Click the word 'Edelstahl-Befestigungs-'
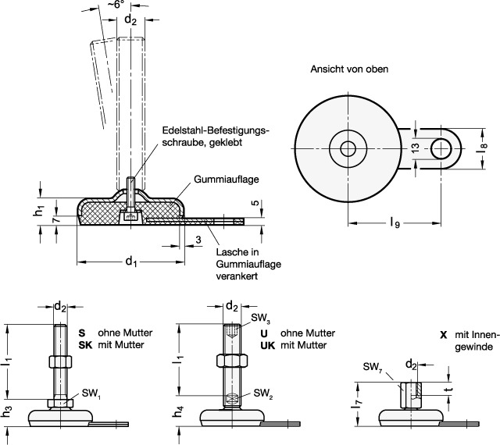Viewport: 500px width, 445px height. [x=215, y=130]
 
